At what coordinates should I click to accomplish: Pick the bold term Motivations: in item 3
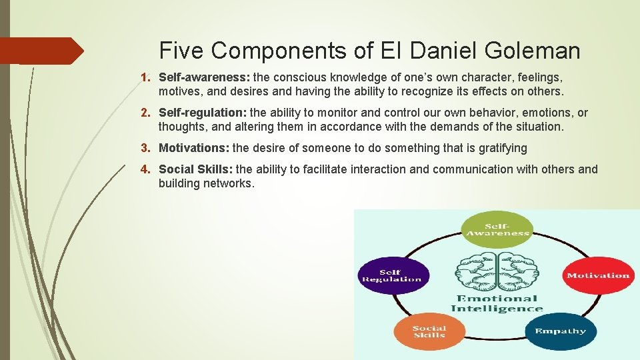pos(194,148)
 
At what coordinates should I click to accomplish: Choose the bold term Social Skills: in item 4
pos(196,169)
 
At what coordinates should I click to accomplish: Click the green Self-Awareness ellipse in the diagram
pos(497,229)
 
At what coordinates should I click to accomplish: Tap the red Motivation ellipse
pos(597,275)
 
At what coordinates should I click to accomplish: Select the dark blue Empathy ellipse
pos(560,331)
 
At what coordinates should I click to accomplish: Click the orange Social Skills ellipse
pos(429,331)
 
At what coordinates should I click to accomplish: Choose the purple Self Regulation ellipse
pos(391,275)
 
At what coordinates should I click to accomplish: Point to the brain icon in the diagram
pos(497,269)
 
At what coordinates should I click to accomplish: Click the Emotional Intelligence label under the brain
pos(497,303)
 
